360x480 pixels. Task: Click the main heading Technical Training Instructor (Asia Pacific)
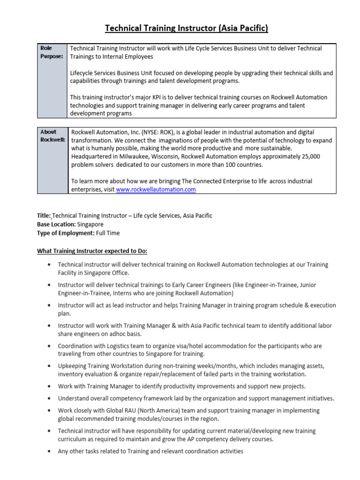pos(187,29)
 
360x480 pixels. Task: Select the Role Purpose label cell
pos(52,52)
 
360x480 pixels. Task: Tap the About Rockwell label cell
pos(52,136)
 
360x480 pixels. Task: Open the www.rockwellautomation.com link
pos(156,189)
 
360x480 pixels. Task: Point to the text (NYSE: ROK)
pos(157,132)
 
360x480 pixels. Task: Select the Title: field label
pos(44,216)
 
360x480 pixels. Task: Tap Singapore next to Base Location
pos(90,224)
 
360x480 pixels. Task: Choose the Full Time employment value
pos(108,233)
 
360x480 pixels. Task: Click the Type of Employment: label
pos(66,233)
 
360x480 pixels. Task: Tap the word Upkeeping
pos(73,366)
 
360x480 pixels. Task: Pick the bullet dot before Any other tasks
pos(49,451)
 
